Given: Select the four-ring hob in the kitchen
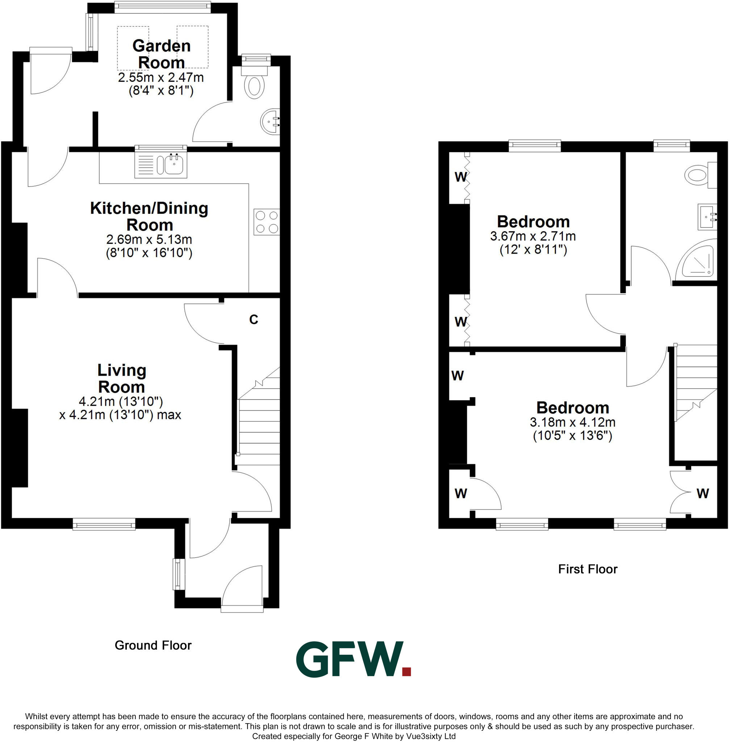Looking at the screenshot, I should [x=267, y=222].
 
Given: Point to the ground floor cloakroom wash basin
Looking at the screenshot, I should [x=270, y=122].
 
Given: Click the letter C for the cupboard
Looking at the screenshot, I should [x=254, y=320].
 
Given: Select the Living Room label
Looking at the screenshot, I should [x=121, y=379].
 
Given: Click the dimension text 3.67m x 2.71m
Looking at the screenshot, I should [x=533, y=236].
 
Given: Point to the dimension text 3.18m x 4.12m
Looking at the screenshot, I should [x=572, y=422].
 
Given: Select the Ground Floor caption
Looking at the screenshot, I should [x=153, y=645].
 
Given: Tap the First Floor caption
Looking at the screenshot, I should [x=587, y=569].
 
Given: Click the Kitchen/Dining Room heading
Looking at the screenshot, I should [x=149, y=216].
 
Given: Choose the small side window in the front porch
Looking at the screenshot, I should [x=178, y=574].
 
